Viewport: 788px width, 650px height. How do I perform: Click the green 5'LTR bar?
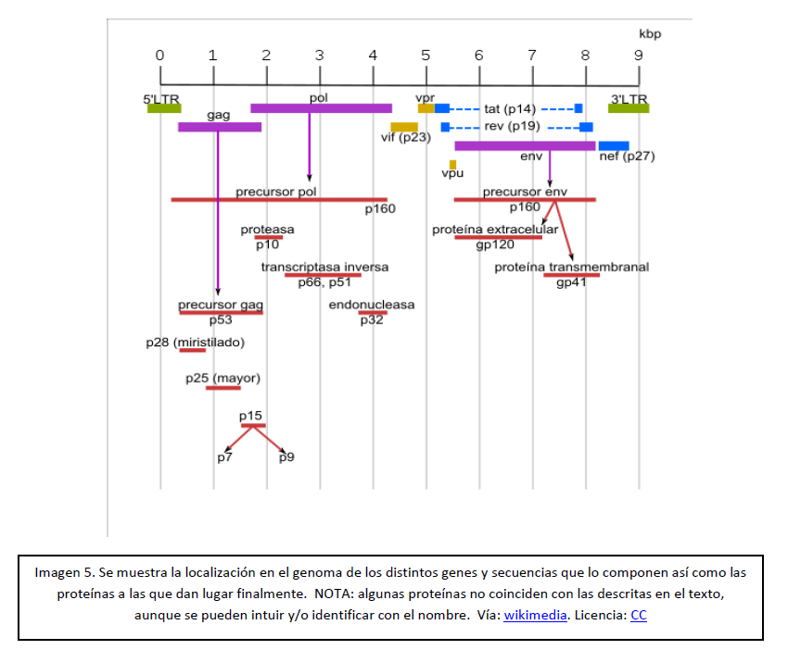click(x=163, y=108)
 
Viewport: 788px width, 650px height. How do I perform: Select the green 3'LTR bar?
click(x=629, y=108)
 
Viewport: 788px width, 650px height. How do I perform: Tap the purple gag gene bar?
click(x=220, y=127)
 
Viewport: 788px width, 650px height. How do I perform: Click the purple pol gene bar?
click(x=321, y=108)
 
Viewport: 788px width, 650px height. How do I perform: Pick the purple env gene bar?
click(x=525, y=145)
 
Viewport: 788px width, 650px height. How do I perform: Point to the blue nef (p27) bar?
click(x=614, y=145)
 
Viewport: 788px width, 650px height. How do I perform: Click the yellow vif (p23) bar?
click(x=404, y=127)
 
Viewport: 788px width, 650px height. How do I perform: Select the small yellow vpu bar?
click(x=452, y=165)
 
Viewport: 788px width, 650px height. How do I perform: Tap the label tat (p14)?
click(x=510, y=109)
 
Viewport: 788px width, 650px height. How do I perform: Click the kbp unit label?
click(x=651, y=33)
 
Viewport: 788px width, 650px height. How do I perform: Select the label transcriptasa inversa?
click(x=324, y=267)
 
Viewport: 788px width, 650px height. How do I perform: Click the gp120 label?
click(x=495, y=245)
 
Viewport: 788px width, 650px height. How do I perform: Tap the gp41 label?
click(x=571, y=282)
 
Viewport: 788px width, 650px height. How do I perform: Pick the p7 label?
click(x=224, y=457)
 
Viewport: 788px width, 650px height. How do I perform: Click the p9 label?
click(x=286, y=457)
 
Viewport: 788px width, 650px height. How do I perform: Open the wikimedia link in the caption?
click(x=535, y=615)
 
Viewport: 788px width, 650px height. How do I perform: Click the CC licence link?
click(x=639, y=615)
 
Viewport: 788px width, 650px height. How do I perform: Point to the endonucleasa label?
click(x=372, y=305)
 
